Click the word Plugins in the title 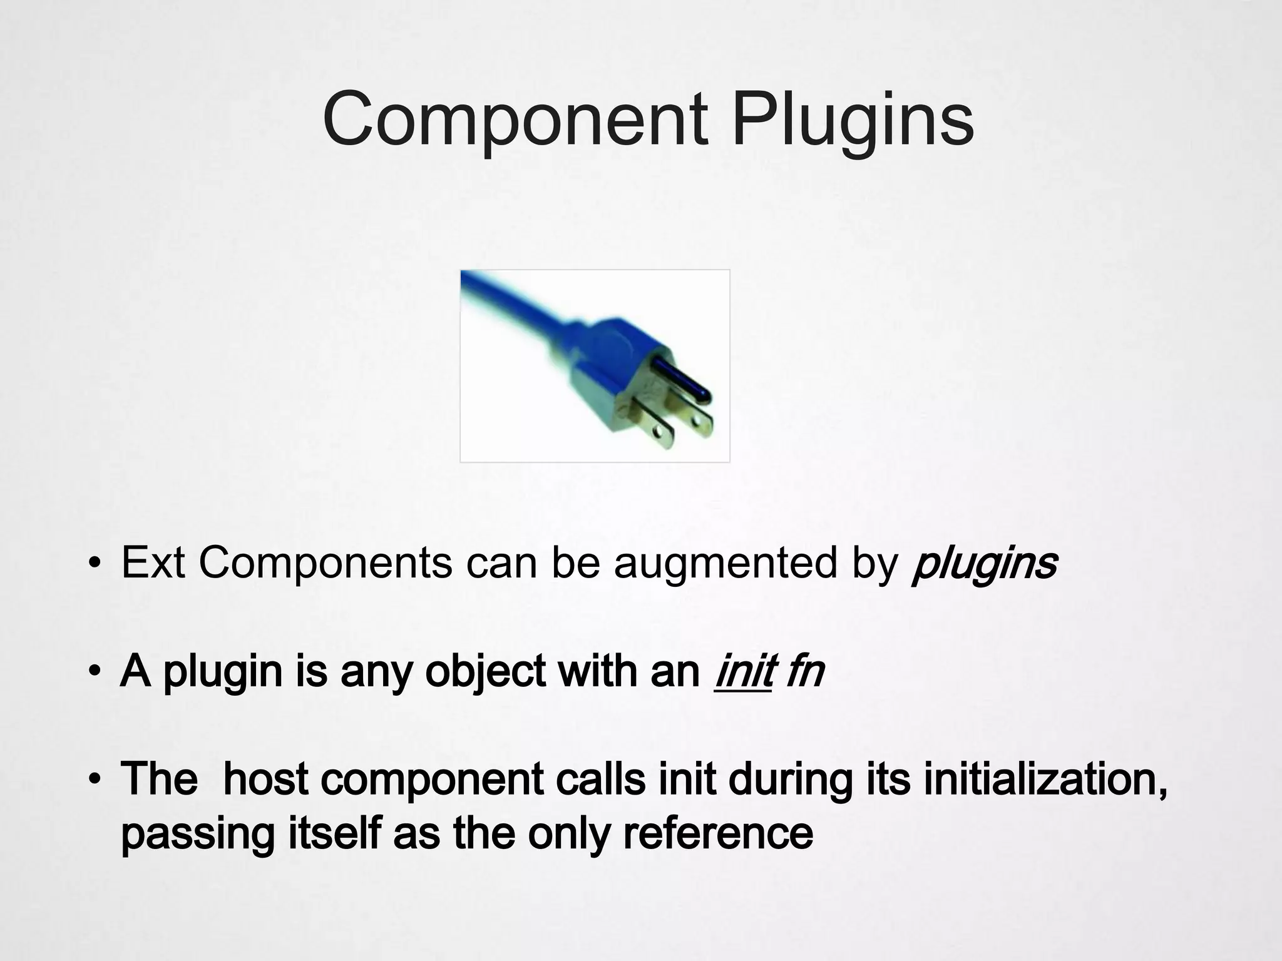[x=853, y=119]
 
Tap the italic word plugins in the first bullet [x=985, y=563]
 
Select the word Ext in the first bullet [x=153, y=562]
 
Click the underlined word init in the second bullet [x=742, y=671]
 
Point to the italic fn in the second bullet [x=805, y=671]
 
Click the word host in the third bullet [x=265, y=779]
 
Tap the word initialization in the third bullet [x=1045, y=779]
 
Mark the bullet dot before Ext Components [x=94, y=564]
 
